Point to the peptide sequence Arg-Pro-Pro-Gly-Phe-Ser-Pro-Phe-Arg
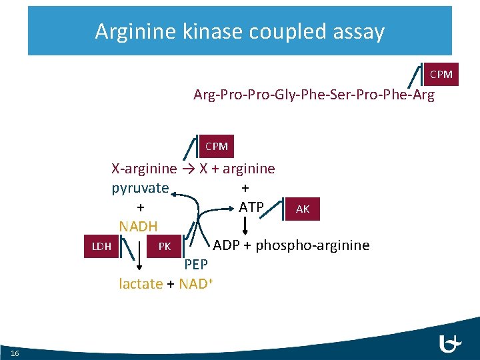(x=313, y=95)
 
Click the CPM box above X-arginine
(x=217, y=146)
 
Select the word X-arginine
(x=144, y=169)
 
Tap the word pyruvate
(x=140, y=188)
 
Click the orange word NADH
(x=138, y=227)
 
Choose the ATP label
(x=251, y=207)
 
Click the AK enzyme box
(x=303, y=209)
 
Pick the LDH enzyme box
(x=101, y=247)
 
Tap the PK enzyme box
(x=165, y=247)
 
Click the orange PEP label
(x=196, y=265)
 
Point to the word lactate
(x=141, y=284)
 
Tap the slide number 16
(x=15, y=352)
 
